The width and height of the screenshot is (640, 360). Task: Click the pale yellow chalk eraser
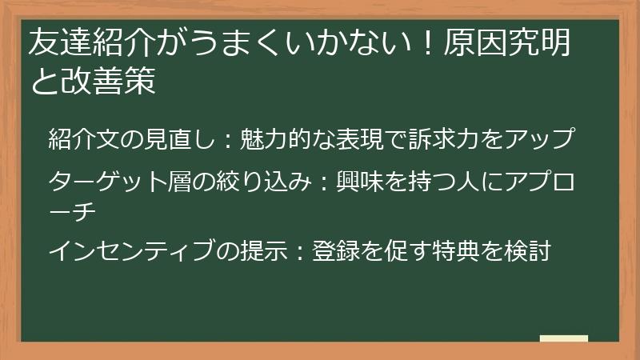click(x=564, y=338)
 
